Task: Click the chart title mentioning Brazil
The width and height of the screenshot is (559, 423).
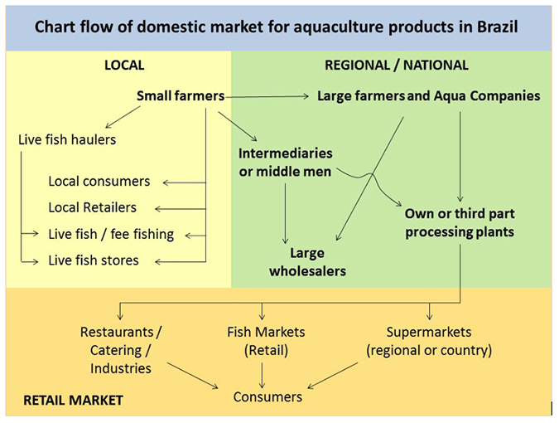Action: (x=277, y=27)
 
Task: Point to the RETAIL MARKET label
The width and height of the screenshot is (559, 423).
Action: (x=73, y=401)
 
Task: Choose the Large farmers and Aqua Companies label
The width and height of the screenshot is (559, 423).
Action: (x=428, y=96)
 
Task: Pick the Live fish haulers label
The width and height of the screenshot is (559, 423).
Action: (x=67, y=139)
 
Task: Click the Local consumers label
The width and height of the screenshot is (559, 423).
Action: (x=99, y=181)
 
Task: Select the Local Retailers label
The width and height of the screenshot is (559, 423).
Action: (x=93, y=207)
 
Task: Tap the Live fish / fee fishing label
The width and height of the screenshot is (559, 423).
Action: (x=111, y=234)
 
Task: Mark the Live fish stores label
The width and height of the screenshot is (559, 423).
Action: (x=94, y=260)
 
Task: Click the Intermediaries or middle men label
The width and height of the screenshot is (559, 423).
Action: (x=285, y=163)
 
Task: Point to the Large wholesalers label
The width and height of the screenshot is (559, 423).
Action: (x=306, y=261)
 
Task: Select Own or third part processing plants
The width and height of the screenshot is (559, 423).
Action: (x=459, y=223)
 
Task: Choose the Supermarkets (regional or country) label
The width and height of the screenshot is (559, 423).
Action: (x=429, y=340)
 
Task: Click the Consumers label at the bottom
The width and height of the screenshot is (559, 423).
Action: (x=267, y=396)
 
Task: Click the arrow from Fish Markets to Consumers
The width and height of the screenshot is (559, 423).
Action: (x=263, y=373)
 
